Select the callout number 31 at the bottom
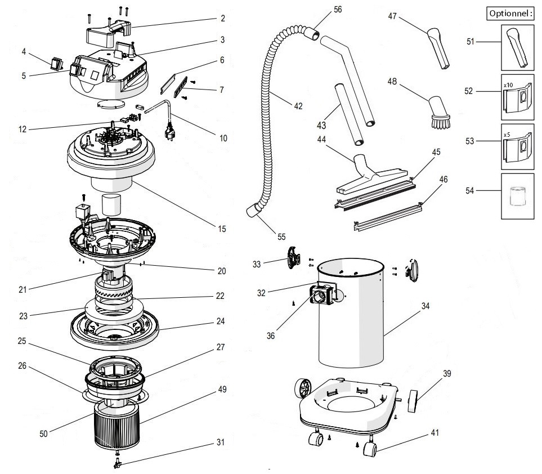tap(220, 442)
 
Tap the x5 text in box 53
tap(507, 135)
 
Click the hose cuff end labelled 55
tap(254, 212)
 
